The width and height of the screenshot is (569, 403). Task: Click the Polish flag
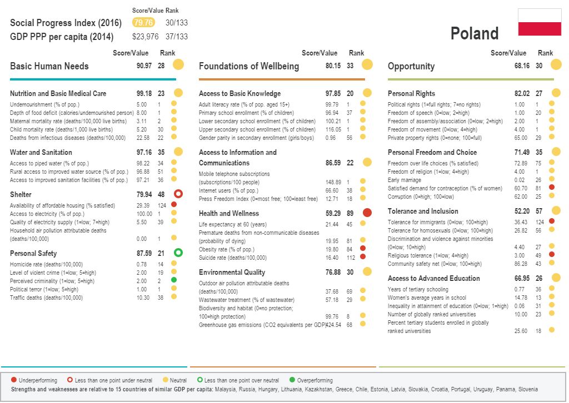(x=539, y=22)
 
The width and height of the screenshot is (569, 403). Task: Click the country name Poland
(x=475, y=34)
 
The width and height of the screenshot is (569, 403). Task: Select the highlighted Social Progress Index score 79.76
(x=143, y=23)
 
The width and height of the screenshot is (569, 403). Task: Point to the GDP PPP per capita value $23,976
(x=145, y=37)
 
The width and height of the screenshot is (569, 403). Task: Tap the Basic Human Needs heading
(x=49, y=66)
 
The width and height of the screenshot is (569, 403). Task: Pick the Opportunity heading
(x=411, y=66)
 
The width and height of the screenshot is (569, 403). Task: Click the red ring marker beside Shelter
(x=178, y=194)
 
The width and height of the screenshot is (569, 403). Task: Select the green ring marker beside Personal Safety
(x=178, y=253)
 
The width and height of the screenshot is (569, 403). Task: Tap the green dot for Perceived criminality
(x=173, y=281)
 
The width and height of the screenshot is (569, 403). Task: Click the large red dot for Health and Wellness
(x=367, y=213)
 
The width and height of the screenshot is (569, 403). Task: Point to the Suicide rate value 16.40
(x=332, y=258)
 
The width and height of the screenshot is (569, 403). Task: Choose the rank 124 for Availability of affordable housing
(x=161, y=205)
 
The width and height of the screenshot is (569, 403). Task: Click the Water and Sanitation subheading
(x=41, y=152)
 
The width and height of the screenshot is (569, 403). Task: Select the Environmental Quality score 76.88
(x=333, y=272)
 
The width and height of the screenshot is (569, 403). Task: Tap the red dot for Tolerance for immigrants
(x=551, y=221)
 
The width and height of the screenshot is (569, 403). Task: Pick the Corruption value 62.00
(x=521, y=197)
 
